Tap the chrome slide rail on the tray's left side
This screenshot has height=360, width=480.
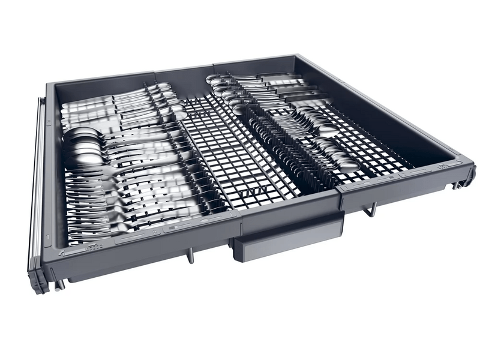[37, 180]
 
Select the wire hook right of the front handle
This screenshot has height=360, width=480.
[372, 209]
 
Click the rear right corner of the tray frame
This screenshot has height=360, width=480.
[298, 59]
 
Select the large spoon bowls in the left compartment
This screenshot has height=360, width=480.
[81, 147]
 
